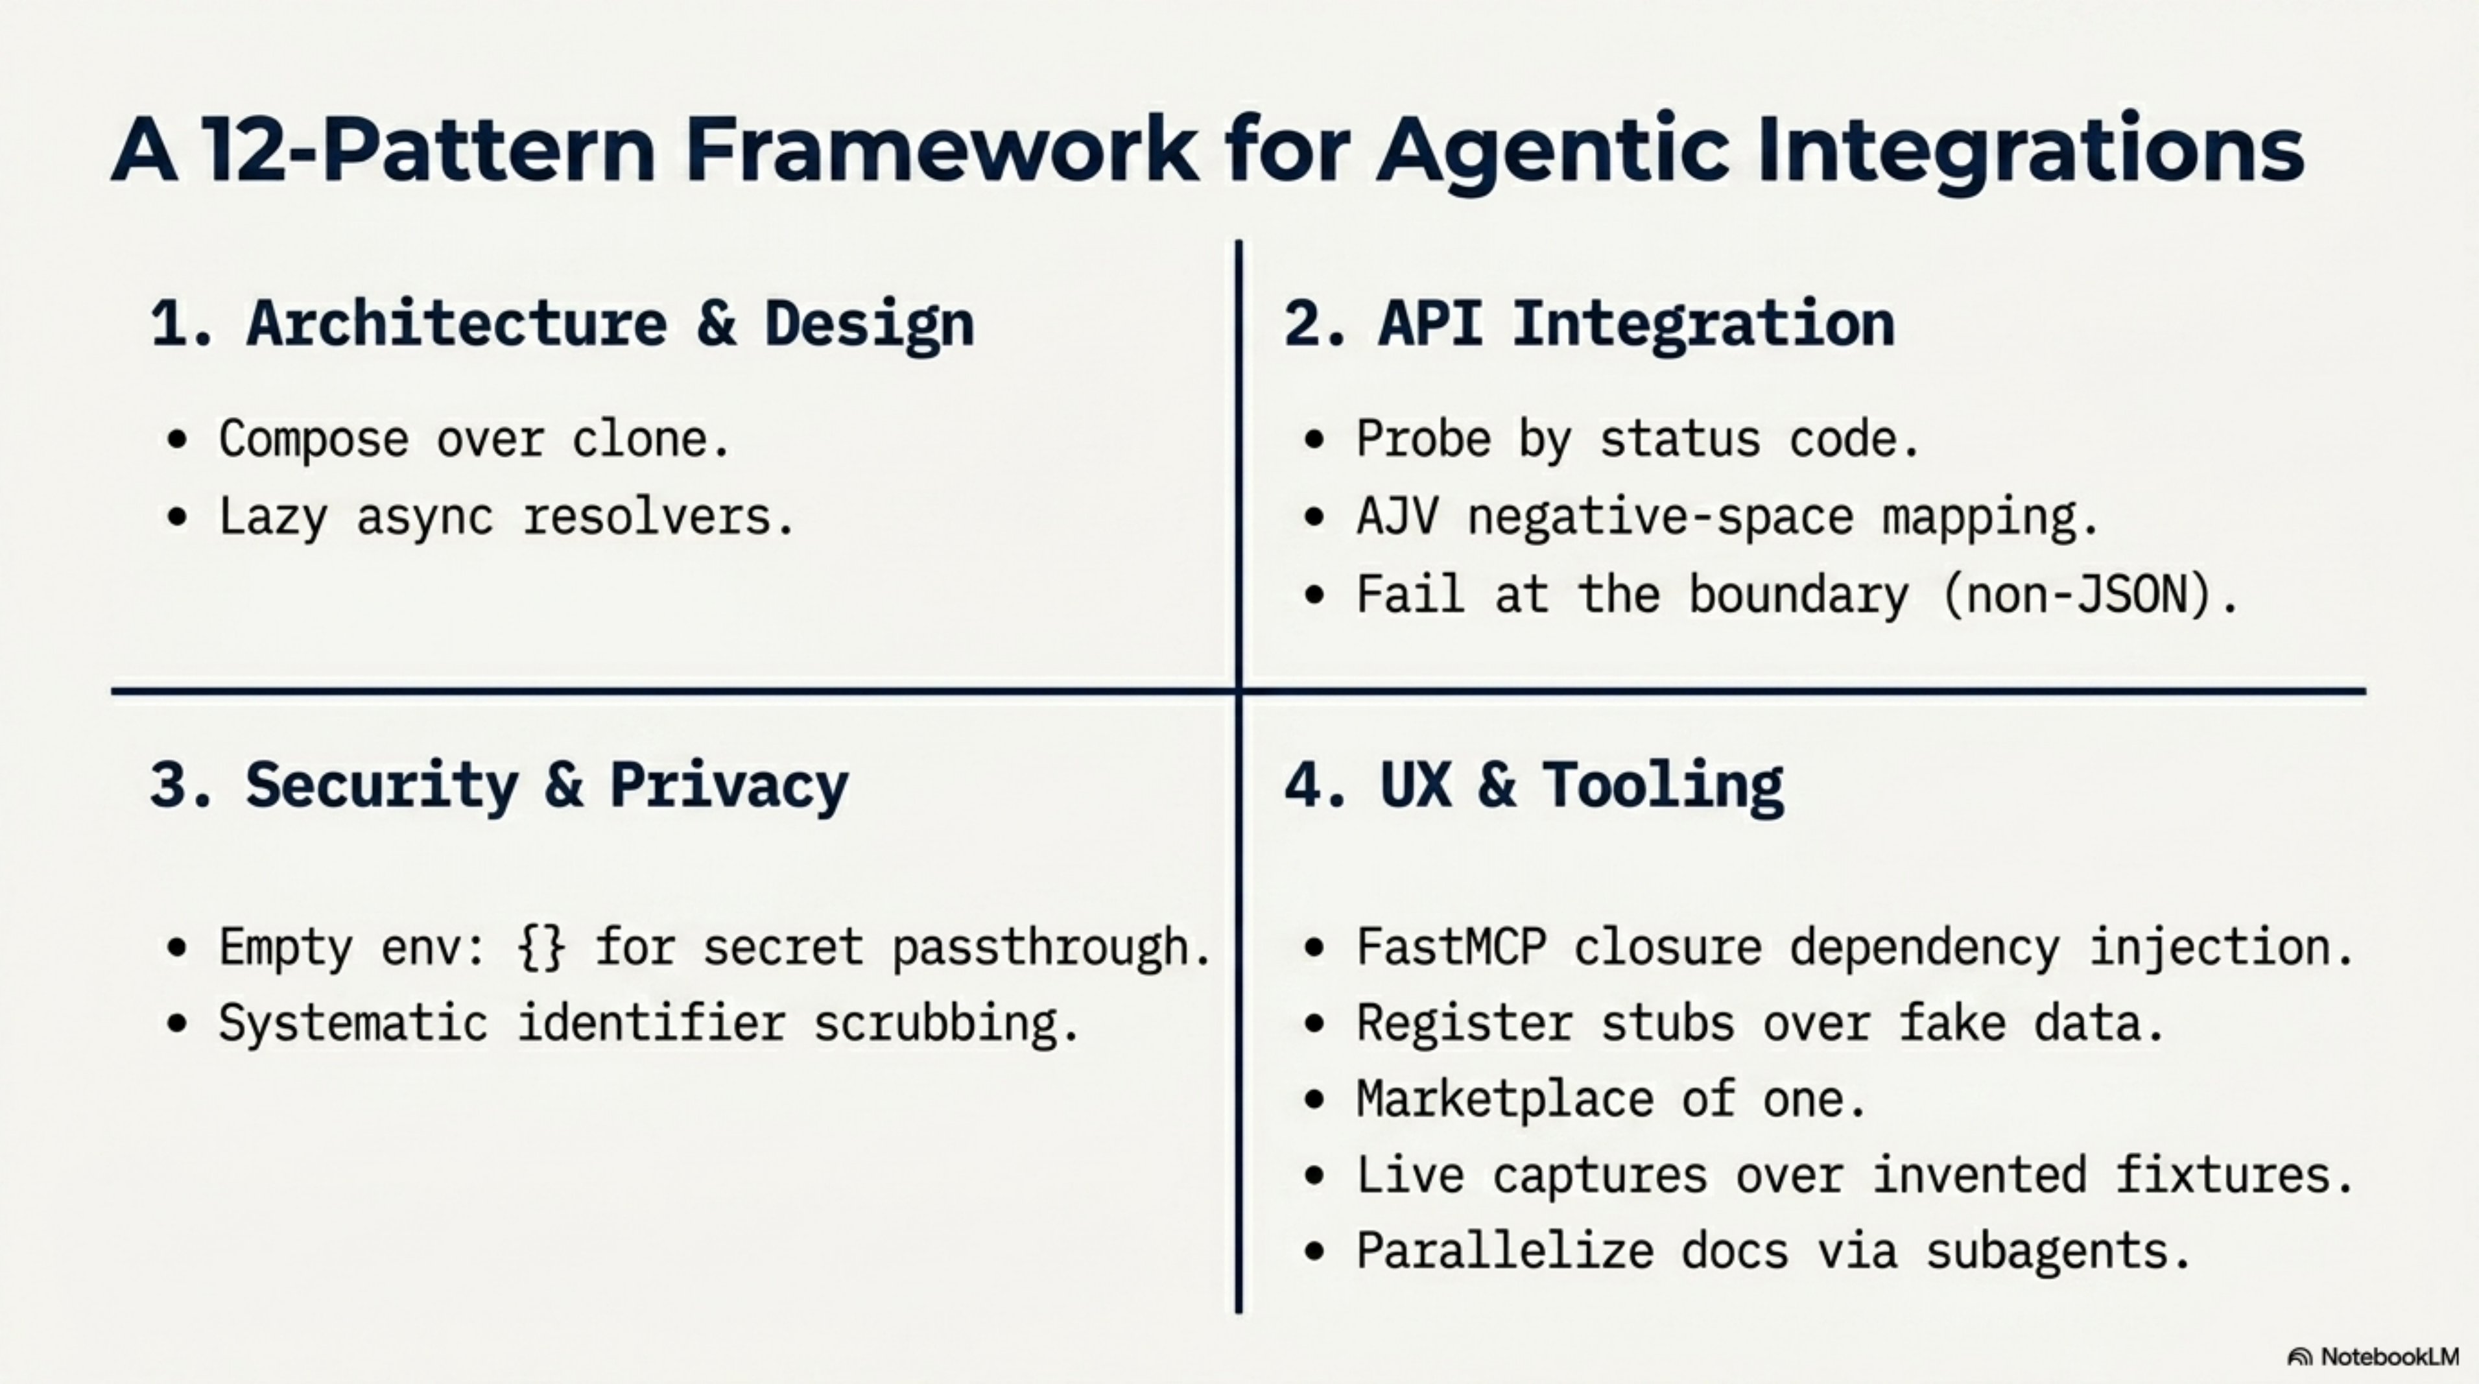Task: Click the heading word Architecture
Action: click(456, 324)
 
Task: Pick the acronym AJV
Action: click(1397, 517)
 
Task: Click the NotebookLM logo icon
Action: click(2299, 1357)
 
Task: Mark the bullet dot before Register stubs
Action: click(1314, 1023)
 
